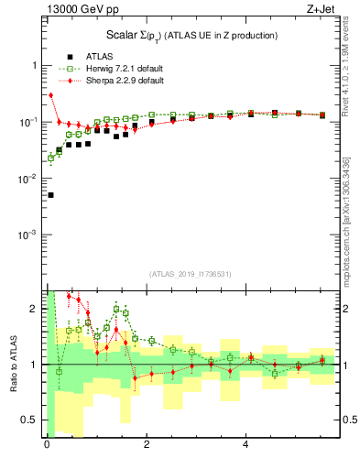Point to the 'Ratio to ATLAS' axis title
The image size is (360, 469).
pos(15,364)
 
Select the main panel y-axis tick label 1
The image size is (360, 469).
pos(37,66)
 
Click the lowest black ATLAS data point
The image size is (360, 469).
pos(50,195)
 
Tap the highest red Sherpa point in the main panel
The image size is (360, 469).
pos(51,95)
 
